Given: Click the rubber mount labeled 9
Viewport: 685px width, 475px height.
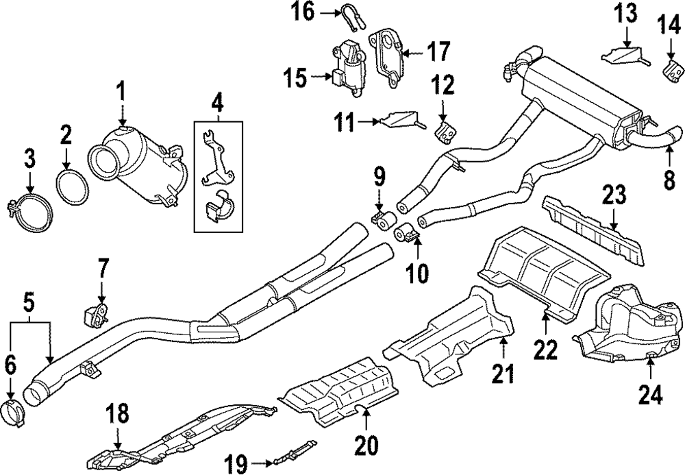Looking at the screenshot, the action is click(384, 219).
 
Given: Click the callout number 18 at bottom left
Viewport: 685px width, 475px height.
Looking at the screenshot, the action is click(117, 414).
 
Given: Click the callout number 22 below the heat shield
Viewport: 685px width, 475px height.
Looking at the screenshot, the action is click(545, 350).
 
